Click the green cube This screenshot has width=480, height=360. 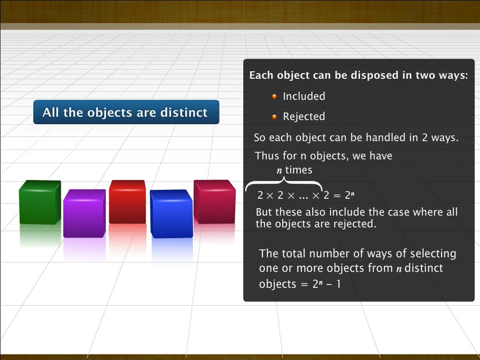tap(40, 202)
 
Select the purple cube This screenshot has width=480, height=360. tap(84, 213)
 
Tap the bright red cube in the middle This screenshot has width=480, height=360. tap(127, 202)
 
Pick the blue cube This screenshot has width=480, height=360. tap(172, 214)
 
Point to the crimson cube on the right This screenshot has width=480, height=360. tap(214, 202)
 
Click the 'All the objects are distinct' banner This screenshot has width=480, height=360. tap(126, 112)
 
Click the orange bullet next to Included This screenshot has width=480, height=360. tap(275, 97)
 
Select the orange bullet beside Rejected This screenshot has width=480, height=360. tap(275, 117)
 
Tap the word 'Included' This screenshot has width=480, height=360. tap(304, 96)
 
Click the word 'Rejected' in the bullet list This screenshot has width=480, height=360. tap(304, 116)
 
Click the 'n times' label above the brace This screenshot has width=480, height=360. tap(294, 170)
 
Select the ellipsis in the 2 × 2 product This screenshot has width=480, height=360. tap(303, 195)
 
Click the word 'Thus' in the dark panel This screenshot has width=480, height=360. tap(266, 156)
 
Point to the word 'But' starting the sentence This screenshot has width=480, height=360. tap(263, 212)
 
